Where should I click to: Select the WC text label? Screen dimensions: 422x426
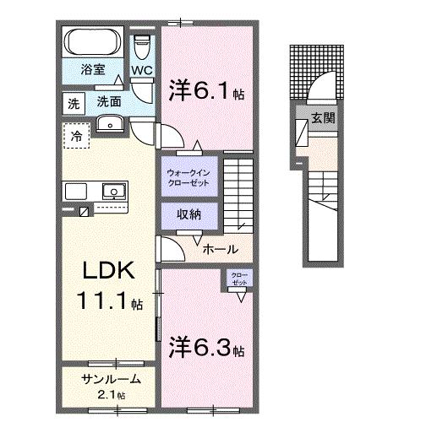point(141,72)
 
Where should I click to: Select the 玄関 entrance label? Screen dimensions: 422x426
point(322,119)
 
